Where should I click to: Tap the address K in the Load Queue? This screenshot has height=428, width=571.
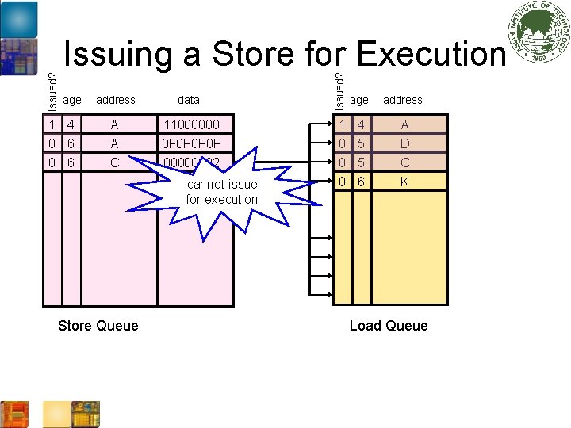pos(404,182)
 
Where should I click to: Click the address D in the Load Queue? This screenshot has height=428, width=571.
pos(404,144)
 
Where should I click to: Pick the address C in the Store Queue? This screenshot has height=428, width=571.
pos(115,163)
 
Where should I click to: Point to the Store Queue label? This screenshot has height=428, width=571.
pos(98,326)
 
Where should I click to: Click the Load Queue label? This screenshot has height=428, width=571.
pos(389,326)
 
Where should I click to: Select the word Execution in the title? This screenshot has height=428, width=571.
pos(431,54)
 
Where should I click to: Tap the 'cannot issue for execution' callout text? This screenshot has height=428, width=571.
pos(222,192)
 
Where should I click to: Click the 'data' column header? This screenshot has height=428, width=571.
pos(189,100)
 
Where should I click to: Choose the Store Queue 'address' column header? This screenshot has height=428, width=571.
pos(116,100)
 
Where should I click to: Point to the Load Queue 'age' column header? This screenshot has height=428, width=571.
pos(359,100)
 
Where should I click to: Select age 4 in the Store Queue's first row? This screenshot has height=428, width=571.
pos(71,124)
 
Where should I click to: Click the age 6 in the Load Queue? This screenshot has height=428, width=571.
pos(361,182)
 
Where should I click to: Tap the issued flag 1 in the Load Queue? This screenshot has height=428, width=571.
pos(342,124)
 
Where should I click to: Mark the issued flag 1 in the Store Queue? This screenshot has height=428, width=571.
pos(51,124)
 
